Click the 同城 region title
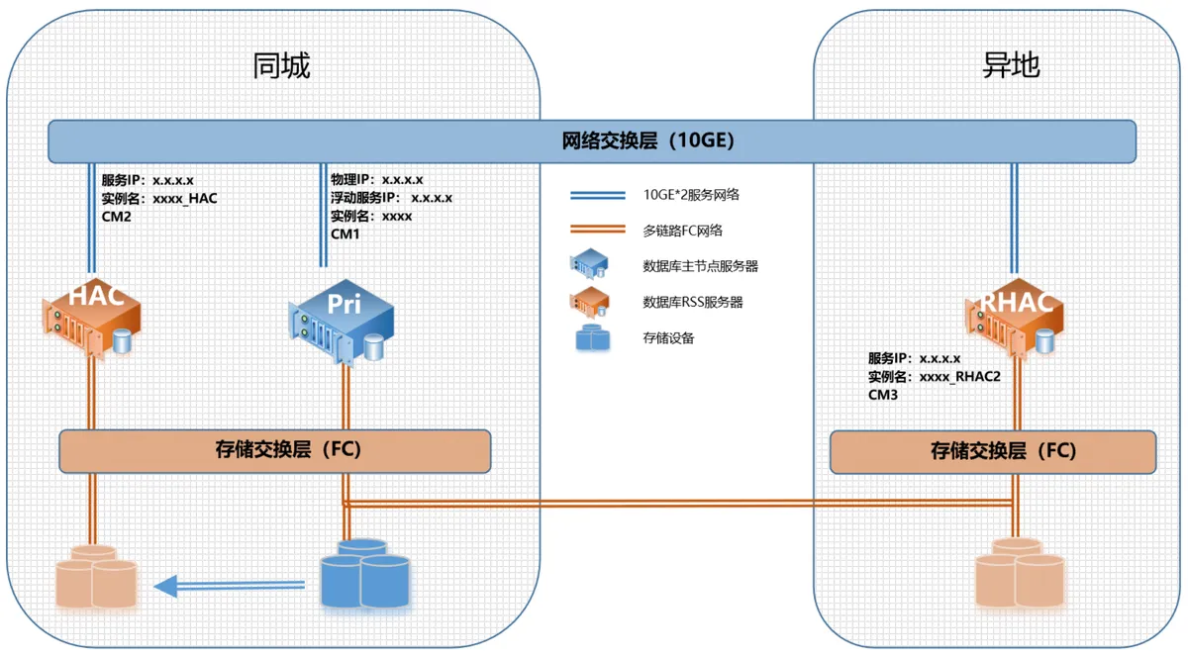coord(282,66)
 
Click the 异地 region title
coord(1011,66)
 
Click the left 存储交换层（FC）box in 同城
coord(275,450)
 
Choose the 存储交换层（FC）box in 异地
coord(991,451)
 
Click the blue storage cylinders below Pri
coord(364,574)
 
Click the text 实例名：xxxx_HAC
coord(158,198)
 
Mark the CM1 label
coord(346,234)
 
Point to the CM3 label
coord(883,394)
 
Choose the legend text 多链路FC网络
coord(683,231)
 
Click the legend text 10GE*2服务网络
coord(690,195)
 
